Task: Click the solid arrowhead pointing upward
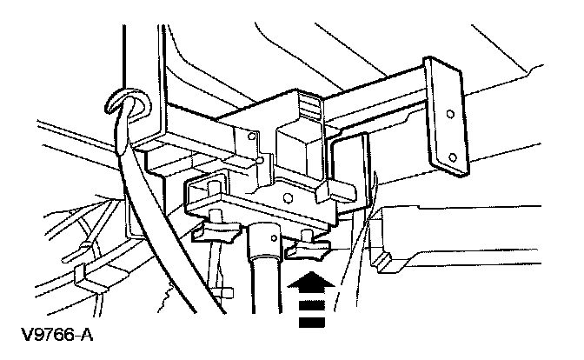coord(309,283)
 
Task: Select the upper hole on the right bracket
coord(450,114)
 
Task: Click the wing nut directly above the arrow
coord(309,249)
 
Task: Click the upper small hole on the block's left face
coord(251,137)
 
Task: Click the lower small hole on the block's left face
coord(260,161)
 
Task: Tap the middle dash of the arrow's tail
coord(309,308)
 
